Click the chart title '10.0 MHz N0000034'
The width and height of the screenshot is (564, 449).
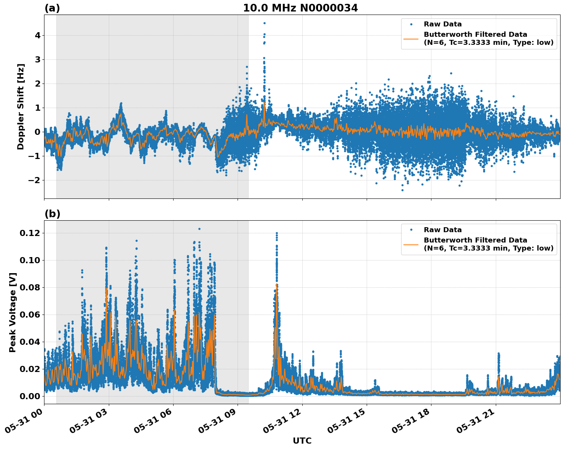point(300,8)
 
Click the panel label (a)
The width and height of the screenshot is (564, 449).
point(52,8)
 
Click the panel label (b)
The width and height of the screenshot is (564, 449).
point(52,214)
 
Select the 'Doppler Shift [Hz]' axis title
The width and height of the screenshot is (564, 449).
point(21,107)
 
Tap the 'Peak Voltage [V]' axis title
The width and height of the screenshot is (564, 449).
point(13,312)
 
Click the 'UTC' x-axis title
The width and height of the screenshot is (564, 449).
point(302,441)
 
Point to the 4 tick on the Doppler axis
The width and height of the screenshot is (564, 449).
point(38,35)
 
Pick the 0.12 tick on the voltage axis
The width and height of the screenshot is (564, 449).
point(30,233)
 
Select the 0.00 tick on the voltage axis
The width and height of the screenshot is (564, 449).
point(30,396)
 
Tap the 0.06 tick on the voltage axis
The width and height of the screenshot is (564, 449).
point(30,315)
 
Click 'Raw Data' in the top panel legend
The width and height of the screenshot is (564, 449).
point(443,24)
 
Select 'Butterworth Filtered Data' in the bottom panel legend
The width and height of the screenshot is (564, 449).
point(475,240)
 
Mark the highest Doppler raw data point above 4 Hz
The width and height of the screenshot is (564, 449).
point(264,23)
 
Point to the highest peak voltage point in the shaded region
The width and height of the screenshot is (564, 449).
point(199,229)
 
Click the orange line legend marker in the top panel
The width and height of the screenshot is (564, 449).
point(411,38)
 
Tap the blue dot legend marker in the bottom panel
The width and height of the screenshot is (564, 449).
point(411,230)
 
